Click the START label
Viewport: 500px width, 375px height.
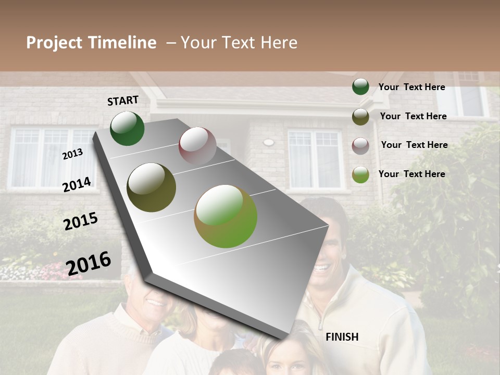123,101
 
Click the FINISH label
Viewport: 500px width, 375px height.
342,337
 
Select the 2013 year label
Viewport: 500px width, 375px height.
72,154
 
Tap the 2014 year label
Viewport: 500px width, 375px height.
77,185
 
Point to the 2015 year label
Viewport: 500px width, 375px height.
81,221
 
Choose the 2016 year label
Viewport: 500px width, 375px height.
89,263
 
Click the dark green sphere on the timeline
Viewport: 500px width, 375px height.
127,129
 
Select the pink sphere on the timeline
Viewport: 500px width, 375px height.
197,146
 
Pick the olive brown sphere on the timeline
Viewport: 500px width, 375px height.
152,187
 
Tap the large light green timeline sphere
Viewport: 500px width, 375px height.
226,216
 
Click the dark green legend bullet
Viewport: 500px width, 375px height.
360,86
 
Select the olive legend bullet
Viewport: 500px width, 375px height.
360,116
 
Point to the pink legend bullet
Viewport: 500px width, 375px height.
360,145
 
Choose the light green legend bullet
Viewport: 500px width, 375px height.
360,174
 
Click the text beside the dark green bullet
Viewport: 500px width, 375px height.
411,87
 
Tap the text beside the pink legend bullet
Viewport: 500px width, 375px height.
414,145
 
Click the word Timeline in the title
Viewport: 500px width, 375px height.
122,43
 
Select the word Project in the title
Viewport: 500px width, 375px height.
54,43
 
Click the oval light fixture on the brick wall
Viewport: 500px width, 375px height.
268,142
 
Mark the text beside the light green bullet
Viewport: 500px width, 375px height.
411,174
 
